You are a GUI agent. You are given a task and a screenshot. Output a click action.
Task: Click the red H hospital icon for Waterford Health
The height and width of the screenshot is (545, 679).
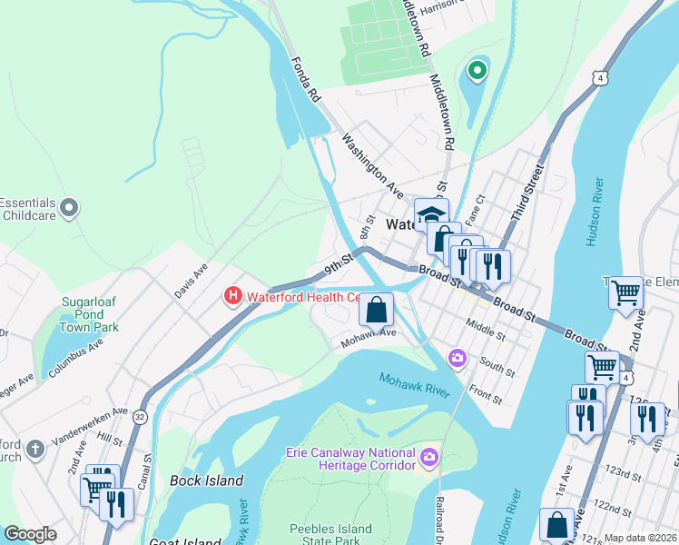tap(232, 296)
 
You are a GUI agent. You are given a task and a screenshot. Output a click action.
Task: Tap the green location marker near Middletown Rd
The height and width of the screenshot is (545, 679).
tap(476, 69)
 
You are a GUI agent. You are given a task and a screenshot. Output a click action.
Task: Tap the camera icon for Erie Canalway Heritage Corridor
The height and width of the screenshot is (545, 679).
tap(429, 455)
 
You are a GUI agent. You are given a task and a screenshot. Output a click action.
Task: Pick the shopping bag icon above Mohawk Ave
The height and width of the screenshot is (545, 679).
tap(376, 309)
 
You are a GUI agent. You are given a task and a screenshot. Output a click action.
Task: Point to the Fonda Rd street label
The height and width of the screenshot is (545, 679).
tap(306, 80)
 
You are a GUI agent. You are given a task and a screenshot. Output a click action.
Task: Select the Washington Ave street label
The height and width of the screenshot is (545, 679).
tap(373, 165)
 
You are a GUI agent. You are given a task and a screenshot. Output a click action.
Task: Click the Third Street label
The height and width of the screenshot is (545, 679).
tap(526, 193)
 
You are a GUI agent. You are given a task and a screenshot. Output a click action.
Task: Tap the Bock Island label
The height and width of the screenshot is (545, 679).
tap(207, 481)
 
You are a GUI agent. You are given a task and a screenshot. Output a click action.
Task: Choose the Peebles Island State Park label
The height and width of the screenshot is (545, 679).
tap(330, 535)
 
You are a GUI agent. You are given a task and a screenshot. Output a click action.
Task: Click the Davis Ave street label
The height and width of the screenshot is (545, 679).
tap(191, 282)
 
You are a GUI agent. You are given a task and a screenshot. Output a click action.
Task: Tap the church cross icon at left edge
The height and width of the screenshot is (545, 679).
tap(34, 449)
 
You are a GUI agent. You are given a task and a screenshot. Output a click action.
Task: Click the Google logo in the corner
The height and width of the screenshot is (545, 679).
tap(30, 534)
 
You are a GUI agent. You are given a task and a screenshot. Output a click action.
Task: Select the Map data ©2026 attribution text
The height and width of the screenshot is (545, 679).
tap(640, 538)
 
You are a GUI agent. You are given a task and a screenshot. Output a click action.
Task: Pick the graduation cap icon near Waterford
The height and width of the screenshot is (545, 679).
tap(430, 214)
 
